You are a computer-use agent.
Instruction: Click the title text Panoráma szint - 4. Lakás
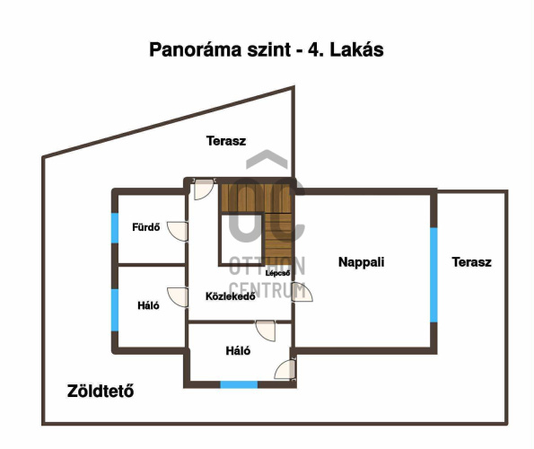(267, 49)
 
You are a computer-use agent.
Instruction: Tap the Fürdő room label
(146, 227)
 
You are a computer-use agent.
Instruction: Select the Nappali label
(362, 262)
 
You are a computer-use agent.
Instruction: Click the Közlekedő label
(231, 296)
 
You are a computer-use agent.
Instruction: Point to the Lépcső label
(278, 273)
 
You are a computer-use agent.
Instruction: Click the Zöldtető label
(101, 392)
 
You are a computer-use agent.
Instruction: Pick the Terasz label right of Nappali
(472, 262)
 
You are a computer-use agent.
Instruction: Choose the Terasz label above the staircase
(226, 141)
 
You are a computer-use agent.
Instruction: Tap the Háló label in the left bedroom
(148, 305)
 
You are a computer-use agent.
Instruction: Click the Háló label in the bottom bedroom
(238, 350)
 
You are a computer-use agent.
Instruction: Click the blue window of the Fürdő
(115, 228)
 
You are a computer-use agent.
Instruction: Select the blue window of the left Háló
(115, 310)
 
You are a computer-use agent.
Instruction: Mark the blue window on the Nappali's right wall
(433, 275)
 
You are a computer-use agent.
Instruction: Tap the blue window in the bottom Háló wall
(239, 384)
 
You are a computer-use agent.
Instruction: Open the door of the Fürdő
(178, 232)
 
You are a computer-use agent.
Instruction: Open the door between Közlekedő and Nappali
(302, 292)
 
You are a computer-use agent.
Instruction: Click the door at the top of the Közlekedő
(204, 189)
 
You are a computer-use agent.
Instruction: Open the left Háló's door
(178, 297)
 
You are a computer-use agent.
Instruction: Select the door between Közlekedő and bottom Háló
(266, 330)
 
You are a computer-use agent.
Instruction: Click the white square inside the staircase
(241, 240)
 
